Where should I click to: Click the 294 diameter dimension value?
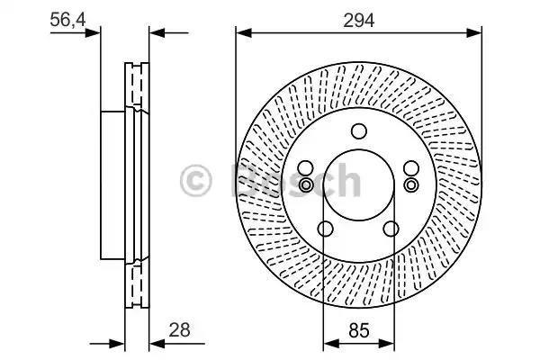pyautogui.click(x=358, y=21)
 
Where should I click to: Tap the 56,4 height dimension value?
pyautogui.click(x=67, y=20)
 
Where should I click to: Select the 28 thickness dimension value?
pyautogui.click(x=179, y=330)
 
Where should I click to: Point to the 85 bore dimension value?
pyautogui.click(x=359, y=330)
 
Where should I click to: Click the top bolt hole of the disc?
pyautogui.click(x=359, y=131)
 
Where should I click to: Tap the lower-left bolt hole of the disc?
pyautogui.click(x=325, y=229)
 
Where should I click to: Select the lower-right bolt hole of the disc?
pyautogui.click(x=391, y=229)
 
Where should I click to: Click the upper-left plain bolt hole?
pyautogui.click(x=305, y=168)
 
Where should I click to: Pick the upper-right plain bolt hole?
pyautogui.click(x=411, y=168)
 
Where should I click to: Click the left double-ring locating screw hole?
pyautogui.click(x=305, y=185)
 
